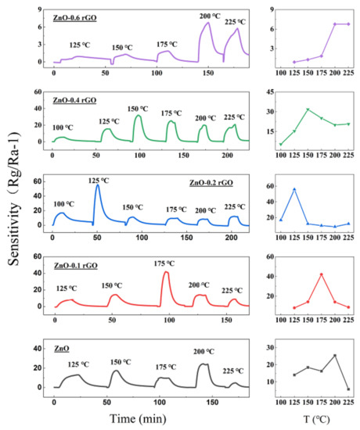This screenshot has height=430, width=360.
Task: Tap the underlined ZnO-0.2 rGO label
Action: (214, 182)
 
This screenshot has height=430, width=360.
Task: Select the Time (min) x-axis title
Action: (147, 419)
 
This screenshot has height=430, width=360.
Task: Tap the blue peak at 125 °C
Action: (97, 185)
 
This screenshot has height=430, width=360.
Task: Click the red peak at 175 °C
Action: (165, 272)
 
